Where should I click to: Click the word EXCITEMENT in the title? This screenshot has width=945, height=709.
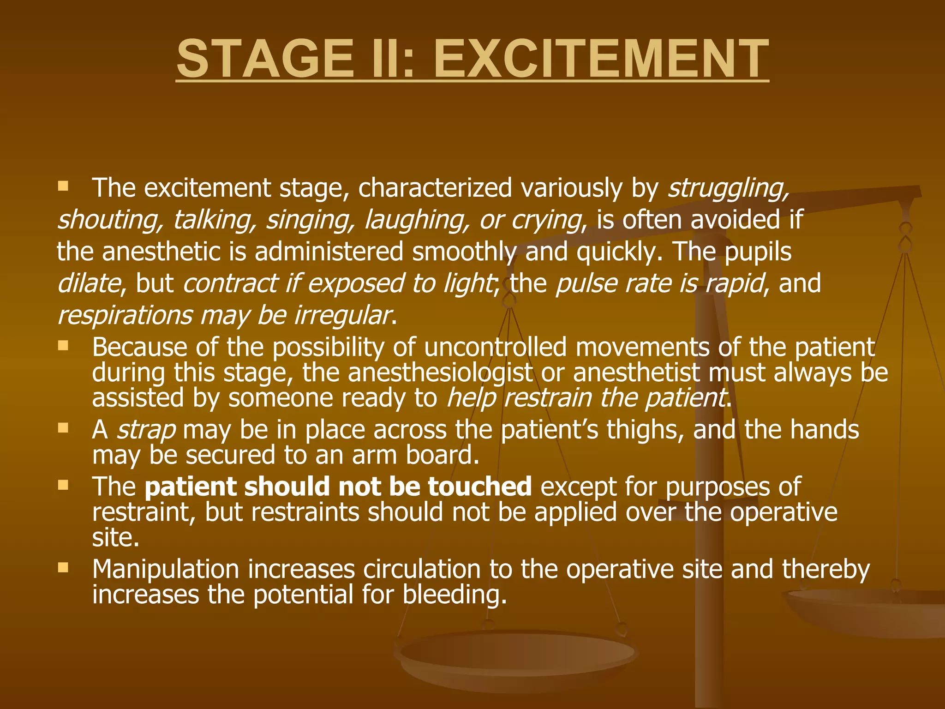click(601, 59)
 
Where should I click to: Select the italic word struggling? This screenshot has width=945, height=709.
click(728, 189)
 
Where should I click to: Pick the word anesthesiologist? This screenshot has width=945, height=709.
click(440, 373)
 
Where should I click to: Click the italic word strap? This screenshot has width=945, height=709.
click(146, 430)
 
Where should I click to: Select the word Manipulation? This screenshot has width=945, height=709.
click(166, 569)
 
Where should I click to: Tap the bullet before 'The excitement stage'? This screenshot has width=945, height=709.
click(63, 186)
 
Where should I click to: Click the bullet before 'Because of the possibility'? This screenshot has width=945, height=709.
click(63, 345)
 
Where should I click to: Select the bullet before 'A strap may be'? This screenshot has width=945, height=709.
click(63, 428)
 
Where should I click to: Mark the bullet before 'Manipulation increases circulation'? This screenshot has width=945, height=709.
click(63, 567)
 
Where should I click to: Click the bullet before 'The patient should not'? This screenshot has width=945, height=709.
click(63, 485)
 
